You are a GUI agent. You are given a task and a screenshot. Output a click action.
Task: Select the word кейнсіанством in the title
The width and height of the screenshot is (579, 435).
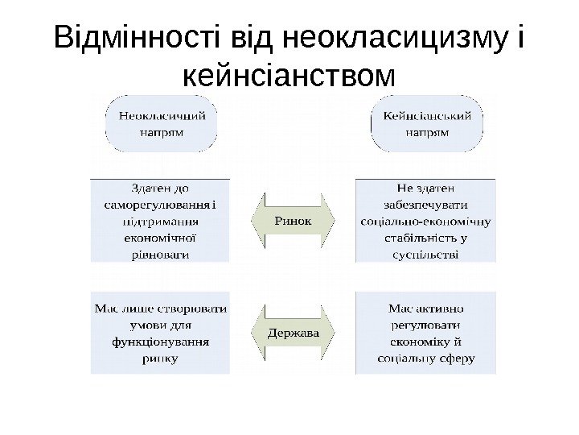(x=289, y=77)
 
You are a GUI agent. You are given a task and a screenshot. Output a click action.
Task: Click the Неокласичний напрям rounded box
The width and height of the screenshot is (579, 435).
(x=162, y=122)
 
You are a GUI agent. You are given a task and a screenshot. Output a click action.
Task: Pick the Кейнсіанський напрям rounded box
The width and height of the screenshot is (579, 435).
(x=427, y=122)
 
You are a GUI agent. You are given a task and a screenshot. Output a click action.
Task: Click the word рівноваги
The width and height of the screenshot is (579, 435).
(x=160, y=254)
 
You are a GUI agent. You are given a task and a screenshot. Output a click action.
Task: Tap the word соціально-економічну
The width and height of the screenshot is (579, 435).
(x=426, y=221)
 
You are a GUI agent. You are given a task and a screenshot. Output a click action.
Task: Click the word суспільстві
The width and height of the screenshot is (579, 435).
(x=426, y=255)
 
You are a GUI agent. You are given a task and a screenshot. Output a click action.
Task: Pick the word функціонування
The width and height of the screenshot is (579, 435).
(x=161, y=342)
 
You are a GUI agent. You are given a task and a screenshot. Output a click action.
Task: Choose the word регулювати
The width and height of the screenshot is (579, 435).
(x=426, y=325)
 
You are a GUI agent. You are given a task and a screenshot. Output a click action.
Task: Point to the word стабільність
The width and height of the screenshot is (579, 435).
(x=418, y=238)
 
